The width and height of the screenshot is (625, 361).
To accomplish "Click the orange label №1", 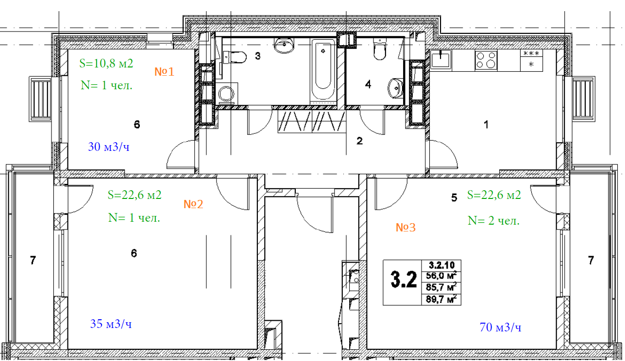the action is coord(164,72).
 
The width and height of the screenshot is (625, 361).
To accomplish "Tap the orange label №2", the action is coord(193,204).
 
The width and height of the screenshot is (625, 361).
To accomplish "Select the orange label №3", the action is coord(405,228).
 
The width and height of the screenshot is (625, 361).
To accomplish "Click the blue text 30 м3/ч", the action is coord(109,147).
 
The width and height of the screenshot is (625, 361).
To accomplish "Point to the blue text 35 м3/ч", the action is coord(111,324).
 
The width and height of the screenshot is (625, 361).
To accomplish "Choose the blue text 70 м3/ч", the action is coord(500,327).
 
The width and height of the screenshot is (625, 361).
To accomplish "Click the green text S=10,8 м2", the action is coord(106,64).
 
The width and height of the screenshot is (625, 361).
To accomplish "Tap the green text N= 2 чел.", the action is coord(493,220).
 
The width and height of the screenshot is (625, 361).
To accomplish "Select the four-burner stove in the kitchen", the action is coord(486,60).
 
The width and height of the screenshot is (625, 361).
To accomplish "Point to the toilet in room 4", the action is coord(380,49).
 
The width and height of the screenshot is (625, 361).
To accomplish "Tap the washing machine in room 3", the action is coord(227,93).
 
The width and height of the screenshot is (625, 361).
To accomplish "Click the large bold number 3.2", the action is coord(404,279).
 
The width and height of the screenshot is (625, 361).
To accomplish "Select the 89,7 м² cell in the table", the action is coord(441,299).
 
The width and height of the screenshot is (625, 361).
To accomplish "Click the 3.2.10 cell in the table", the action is coord(441,265).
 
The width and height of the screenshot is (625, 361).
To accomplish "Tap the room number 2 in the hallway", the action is coord(360,141).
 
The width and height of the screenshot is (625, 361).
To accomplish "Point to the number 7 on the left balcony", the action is coord(33,260).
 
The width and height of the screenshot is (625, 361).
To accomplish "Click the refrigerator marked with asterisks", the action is coord(531,60).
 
